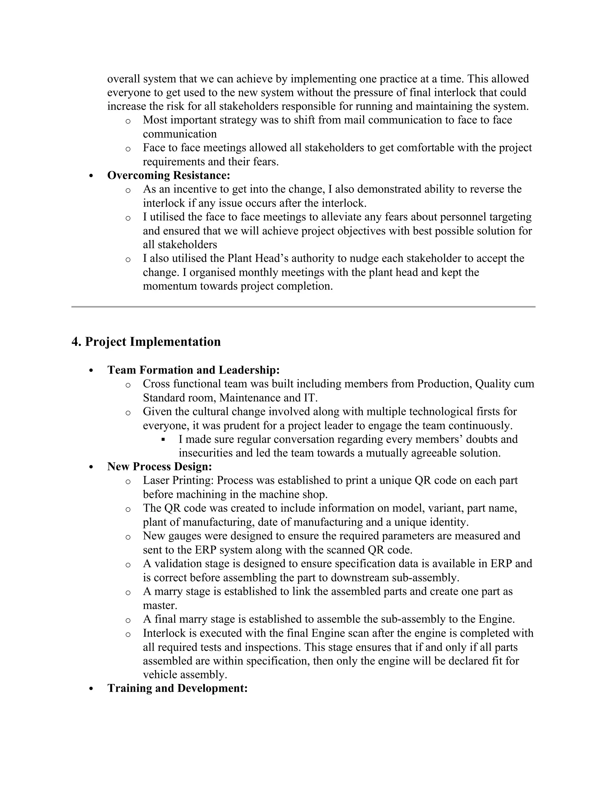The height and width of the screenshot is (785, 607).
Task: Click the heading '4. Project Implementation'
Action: [x=146, y=342]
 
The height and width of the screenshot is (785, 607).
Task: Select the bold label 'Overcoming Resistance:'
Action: [x=169, y=175]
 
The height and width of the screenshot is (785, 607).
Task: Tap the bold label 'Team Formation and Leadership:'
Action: [x=194, y=370]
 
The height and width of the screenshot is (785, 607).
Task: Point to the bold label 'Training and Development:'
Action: [x=178, y=688]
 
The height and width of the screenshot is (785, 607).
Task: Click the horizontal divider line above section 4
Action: [x=303, y=307]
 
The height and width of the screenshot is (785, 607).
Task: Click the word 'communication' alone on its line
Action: [x=180, y=134]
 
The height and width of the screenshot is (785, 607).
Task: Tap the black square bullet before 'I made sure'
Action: [x=163, y=439]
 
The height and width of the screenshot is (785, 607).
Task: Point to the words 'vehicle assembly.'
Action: [x=185, y=675]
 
